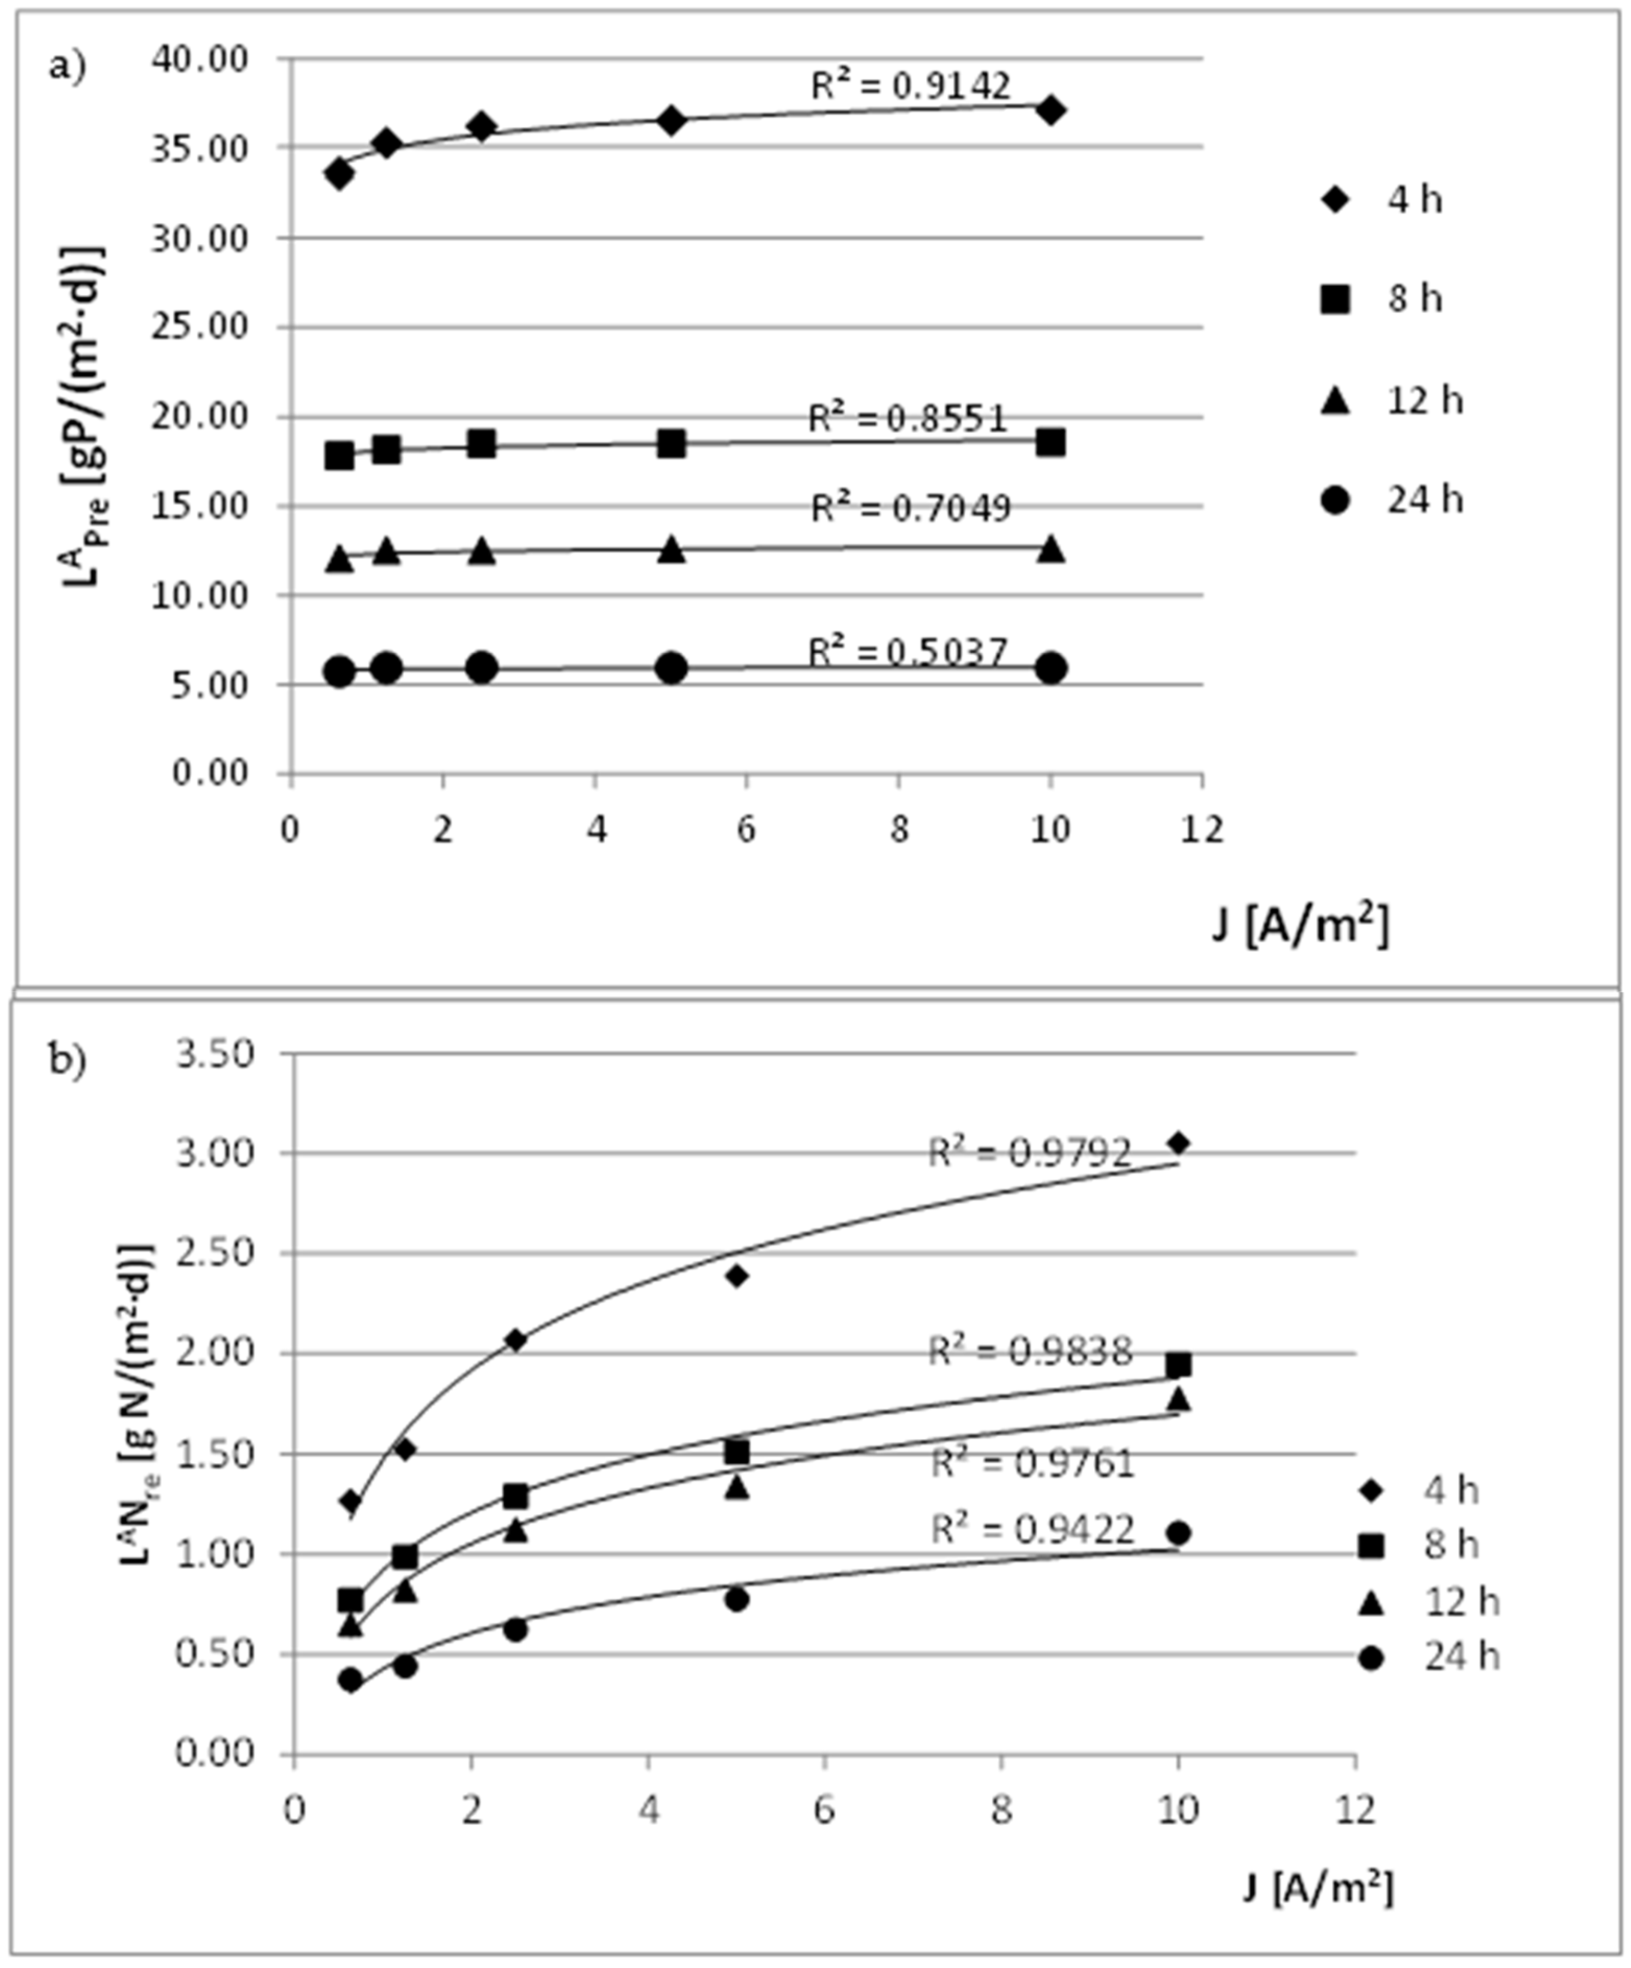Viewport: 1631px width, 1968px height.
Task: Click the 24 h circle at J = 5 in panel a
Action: [x=671, y=668]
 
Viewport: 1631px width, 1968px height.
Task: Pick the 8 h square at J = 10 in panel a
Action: [x=1051, y=442]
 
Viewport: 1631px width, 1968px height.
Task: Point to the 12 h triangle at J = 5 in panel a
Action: [x=671, y=550]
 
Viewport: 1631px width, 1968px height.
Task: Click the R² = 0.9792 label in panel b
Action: [x=1029, y=1152]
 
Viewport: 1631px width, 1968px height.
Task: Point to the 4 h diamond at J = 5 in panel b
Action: [x=737, y=1275]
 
